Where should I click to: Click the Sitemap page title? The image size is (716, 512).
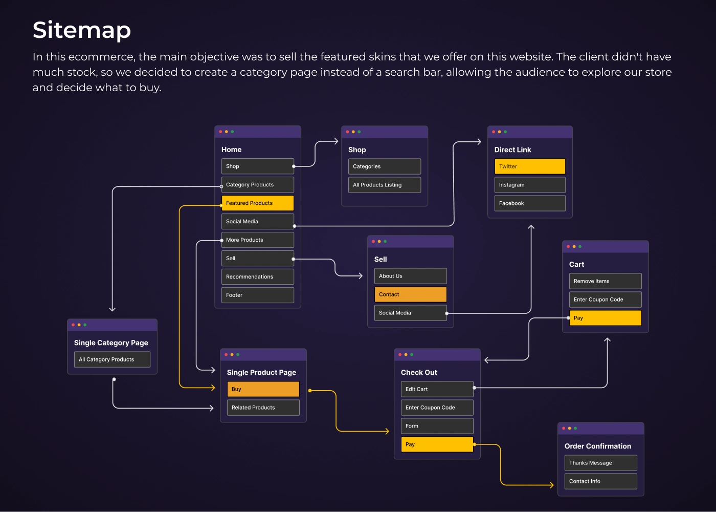(x=82, y=30)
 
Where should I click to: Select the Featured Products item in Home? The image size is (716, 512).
(x=257, y=203)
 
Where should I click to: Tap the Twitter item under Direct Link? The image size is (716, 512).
(x=529, y=166)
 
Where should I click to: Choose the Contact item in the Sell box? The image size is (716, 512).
(x=410, y=294)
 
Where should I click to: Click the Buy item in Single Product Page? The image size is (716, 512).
(x=263, y=389)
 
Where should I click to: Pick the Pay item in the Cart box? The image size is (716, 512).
(x=605, y=318)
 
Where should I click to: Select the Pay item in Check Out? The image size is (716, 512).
(x=437, y=444)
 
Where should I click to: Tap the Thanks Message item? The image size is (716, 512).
(x=600, y=463)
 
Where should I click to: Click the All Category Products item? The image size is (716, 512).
(x=112, y=359)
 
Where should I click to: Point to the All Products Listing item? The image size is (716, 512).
(x=384, y=185)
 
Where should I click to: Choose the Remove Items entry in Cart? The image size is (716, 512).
(x=605, y=281)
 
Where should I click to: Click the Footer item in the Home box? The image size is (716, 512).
(x=257, y=295)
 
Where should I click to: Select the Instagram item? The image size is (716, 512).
(x=529, y=185)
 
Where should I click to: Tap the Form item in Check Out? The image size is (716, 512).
(x=437, y=426)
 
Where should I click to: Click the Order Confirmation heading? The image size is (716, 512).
(x=597, y=446)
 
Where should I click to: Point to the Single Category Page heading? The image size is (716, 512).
(x=111, y=343)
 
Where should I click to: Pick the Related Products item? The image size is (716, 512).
(x=263, y=408)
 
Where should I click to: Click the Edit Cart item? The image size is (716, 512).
(x=437, y=389)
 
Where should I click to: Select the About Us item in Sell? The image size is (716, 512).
(x=410, y=276)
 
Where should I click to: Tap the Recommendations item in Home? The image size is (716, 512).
(x=257, y=277)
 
